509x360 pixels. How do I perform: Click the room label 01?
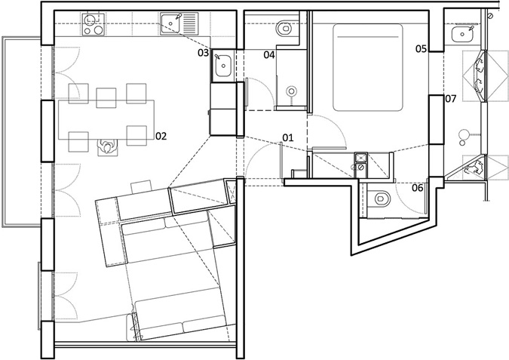[287, 138]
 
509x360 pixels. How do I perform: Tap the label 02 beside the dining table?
[161, 136]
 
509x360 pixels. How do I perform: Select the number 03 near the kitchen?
[203, 53]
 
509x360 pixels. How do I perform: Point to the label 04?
[269, 54]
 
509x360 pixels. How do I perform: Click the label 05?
[421, 49]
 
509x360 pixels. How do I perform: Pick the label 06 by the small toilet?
[418, 187]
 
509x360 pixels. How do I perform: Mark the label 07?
[451, 98]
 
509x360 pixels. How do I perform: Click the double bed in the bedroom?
[368, 67]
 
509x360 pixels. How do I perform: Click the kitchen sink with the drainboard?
[179, 23]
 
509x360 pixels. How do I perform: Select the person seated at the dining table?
[107, 146]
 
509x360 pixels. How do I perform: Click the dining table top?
[106, 120]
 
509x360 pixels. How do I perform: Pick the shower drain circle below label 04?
[292, 91]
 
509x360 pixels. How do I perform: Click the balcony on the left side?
[22, 131]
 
